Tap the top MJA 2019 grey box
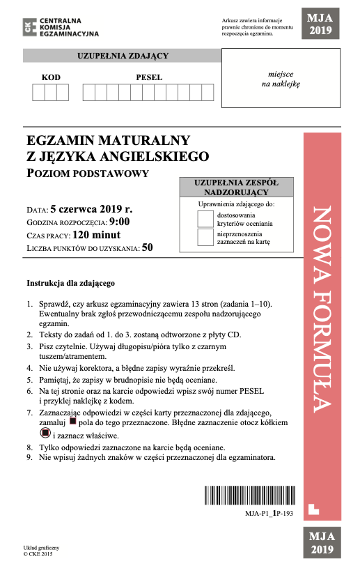pyautogui.click(x=321, y=24)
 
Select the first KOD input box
pyautogui.click(x=38, y=92)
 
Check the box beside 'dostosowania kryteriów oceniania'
pyautogui.click(x=205, y=218)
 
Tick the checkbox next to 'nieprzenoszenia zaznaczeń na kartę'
pyautogui.click(x=205, y=238)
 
